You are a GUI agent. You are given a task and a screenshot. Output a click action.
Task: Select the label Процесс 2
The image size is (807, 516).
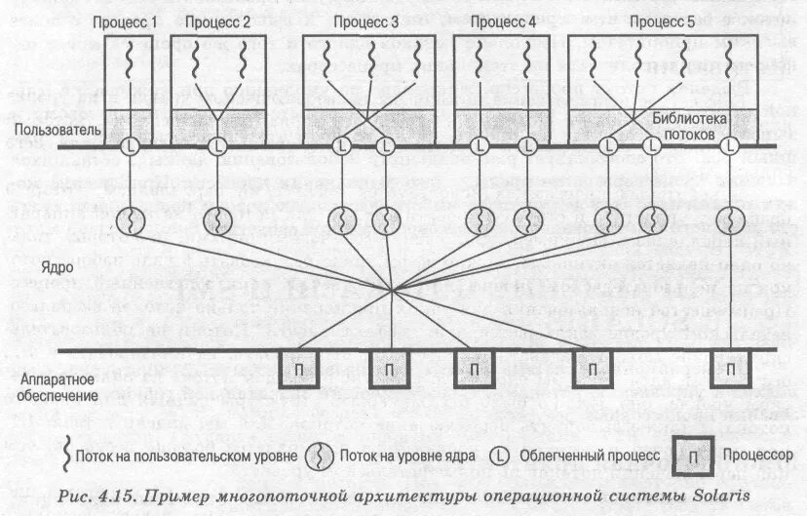(x=216, y=20)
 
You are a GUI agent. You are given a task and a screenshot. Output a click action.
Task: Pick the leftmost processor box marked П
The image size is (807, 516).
(x=301, y=370)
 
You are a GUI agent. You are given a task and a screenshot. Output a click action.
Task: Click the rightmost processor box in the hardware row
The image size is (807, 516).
(x=729, y=370)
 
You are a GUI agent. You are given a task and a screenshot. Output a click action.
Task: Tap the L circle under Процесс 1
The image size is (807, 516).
(x=132, y=147)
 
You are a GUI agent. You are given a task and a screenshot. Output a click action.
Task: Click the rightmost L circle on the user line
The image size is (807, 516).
(x=729, y=147)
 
